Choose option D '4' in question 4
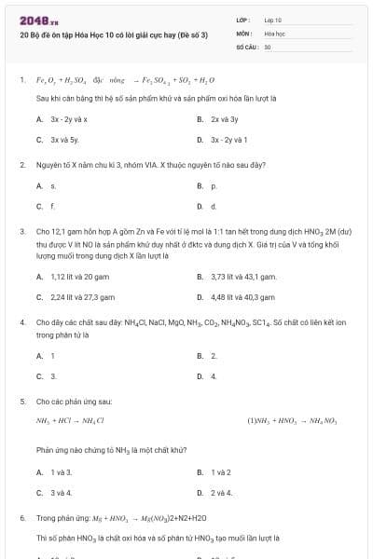point(214,376)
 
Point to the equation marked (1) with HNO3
point(292,421)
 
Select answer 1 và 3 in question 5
point(62,472)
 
